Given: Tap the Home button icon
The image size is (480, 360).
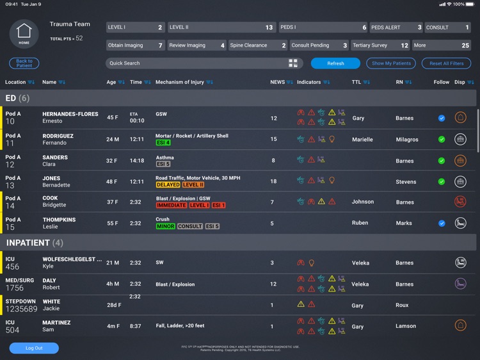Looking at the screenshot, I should click(24, 33).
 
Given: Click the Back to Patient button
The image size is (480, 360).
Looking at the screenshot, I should click(24, 63).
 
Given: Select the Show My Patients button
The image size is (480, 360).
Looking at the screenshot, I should click(390, 63).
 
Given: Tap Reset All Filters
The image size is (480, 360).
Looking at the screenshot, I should click(446, 63).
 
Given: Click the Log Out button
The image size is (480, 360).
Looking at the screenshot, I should click(34, 348).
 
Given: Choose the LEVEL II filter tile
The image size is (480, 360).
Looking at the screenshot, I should click(221, 28).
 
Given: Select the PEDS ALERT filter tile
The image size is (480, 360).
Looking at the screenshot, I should click(396, 28).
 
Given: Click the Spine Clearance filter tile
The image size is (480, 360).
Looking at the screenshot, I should click(258, 45).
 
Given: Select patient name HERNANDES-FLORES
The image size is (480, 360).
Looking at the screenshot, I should click(70, 114).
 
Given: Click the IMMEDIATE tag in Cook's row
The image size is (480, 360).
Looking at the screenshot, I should click(172, 206).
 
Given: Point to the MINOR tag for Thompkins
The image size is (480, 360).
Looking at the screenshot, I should click(165, 226).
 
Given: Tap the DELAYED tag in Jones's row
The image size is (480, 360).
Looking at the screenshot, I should click(168, 184).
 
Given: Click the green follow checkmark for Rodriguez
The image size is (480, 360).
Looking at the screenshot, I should click(442, 140).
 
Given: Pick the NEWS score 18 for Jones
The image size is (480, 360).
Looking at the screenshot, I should click(273, 181).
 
